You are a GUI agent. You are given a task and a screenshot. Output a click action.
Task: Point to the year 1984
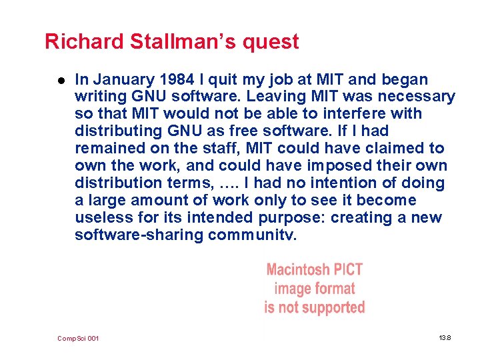(175, 80)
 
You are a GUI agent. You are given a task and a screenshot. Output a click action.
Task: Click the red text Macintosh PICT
(314, 270)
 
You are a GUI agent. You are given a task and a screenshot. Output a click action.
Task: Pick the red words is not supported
(314, 307)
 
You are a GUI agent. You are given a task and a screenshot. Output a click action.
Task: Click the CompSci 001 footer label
(78, 339)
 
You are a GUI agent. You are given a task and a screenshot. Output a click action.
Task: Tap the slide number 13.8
(445, 339)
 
